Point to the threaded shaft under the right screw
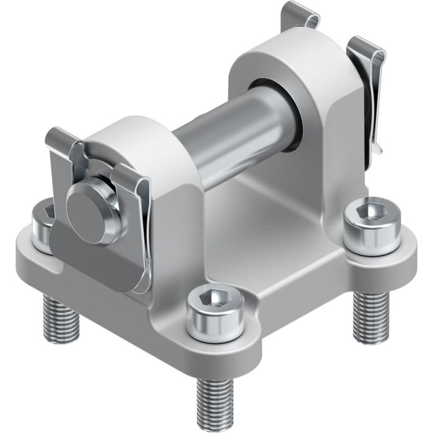369,316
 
